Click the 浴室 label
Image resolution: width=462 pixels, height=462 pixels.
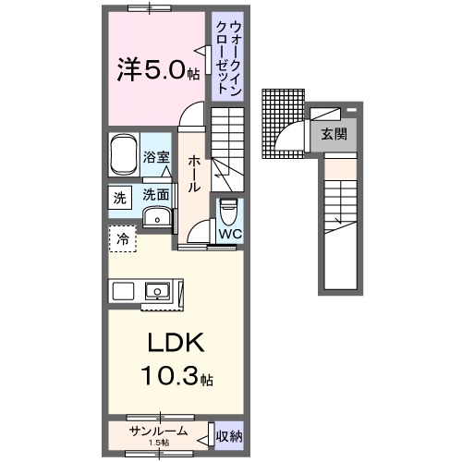pyautogui.click(x=156, y=158)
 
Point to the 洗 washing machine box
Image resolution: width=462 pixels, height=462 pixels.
pyautogui.click(x=120, y=197)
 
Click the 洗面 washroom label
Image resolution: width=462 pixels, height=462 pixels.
pyautogui.click(x=156, y=195)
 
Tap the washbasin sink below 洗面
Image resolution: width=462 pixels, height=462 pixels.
pyautogui.click(x=158, y=218)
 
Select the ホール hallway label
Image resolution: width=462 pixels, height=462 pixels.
pyautogui.click(x=194, y=174)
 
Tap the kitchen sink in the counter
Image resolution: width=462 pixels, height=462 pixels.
pyautogui.click(x=159, y=293)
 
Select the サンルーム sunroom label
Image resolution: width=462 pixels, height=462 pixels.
pyautogui.click(x=159, y=432)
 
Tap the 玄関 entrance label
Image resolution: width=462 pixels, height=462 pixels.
pyautogui.click(x=334, y=135)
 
